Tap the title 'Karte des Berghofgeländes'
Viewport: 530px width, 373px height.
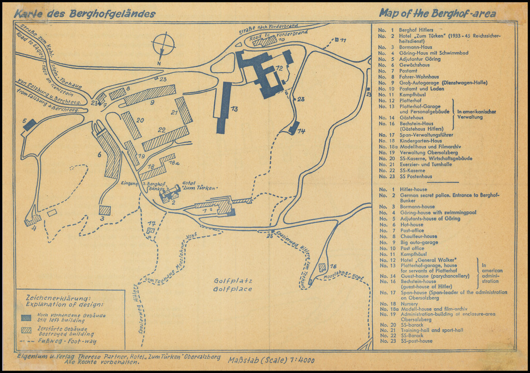click(x=85, y=14)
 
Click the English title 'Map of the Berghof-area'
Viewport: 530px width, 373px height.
click(x=437, y=13)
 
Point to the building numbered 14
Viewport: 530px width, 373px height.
click(x=293, y=127)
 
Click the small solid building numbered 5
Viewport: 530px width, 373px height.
click(x=30, y=125)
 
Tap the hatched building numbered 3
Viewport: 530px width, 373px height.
click(x=105, y=210)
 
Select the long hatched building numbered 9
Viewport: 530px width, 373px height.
click(x=150, y=95)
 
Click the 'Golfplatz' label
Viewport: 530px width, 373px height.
click(x=232, y=281)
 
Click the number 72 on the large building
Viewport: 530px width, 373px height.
click(x=279, y=68)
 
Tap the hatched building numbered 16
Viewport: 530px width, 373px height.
click(x=322, y=267)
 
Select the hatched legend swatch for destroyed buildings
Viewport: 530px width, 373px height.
click(x=27, y=331)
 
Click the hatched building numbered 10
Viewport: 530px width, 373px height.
click(x=264, y=41)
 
